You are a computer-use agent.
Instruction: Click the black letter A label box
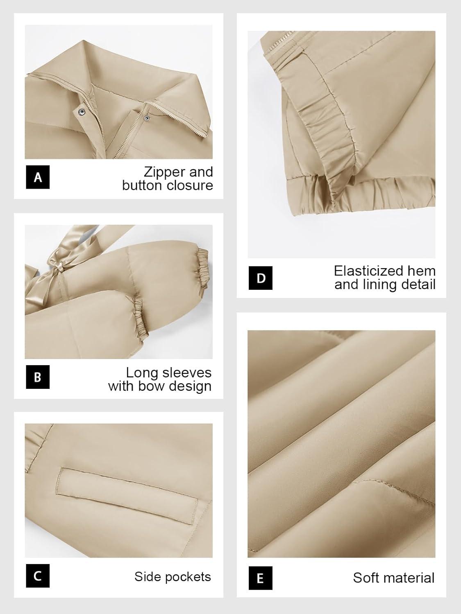pyautogui.click(x=38, y=177)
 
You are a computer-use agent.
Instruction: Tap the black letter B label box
pyautogui.click(x=38, y=377)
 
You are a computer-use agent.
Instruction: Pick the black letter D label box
pyautogui.click(x=261, y=278)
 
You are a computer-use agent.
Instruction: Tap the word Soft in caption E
pyautogui.click(x=364, y=578)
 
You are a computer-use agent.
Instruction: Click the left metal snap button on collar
pyautogui.click(x=81, y=112)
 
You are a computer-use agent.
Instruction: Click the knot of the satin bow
pyautogui.click(x=59, y=269)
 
